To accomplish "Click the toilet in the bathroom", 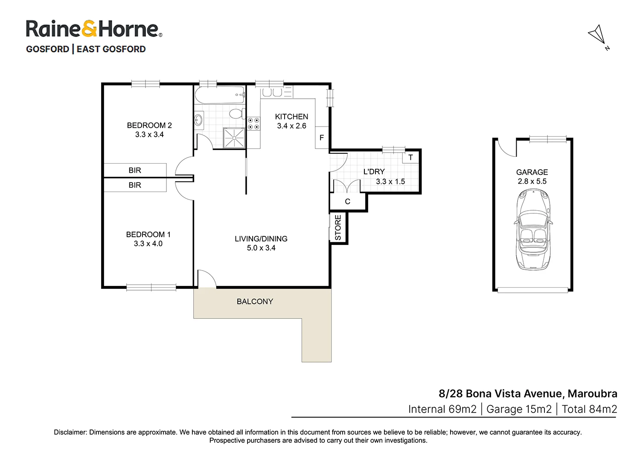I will [x=236, y=114].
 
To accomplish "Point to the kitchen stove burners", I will [x=254, y=124].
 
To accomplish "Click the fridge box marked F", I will [x=322, y=138].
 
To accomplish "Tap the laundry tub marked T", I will [x=410, y=157].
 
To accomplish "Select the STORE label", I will [x=338, y=228].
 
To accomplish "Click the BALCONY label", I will [x=255, y=301].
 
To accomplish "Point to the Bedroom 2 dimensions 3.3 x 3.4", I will [x=149, y=135].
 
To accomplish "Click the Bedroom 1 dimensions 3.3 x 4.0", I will [x=148, y=244].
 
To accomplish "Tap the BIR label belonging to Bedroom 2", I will [x=135, y=170].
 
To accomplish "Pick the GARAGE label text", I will [x=532, y=172].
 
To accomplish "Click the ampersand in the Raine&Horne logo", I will [x=89, y=29].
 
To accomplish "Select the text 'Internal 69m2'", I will [x=442, y=409].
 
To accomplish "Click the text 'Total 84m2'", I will [x=589, y=409].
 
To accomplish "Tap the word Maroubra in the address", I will [x=592, y=394].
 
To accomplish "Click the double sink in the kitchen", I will [x=272, y=92].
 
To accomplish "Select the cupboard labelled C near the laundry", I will [x=348, y=202].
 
